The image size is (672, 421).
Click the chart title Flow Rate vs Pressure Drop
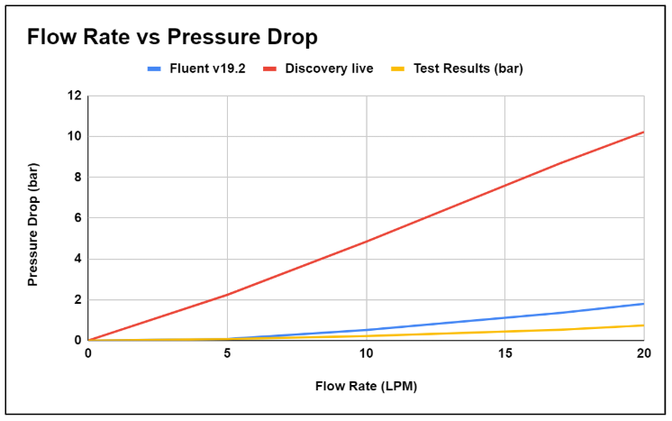[171, 38]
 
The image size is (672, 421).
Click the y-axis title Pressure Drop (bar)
[33, 217]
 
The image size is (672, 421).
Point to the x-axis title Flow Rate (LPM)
[366, 386]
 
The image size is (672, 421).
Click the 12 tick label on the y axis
[75, 96]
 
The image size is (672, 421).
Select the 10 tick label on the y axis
[75, 136]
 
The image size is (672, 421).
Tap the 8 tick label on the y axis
[77, 177]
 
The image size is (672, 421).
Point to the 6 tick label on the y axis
[77, 218]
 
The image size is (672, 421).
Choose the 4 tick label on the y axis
[77, 259]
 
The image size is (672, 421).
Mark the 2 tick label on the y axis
[77, 299]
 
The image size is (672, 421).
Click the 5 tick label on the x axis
[227, 353]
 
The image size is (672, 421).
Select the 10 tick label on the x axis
[366, 353]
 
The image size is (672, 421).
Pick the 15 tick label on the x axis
[505, 353]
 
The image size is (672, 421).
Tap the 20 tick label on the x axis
[643, 353]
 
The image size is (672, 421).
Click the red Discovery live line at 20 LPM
[643, 133]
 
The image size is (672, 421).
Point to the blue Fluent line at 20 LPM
[643, 304]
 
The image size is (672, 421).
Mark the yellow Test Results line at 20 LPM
[643, 325]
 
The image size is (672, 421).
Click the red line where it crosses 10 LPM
[366, 242]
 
